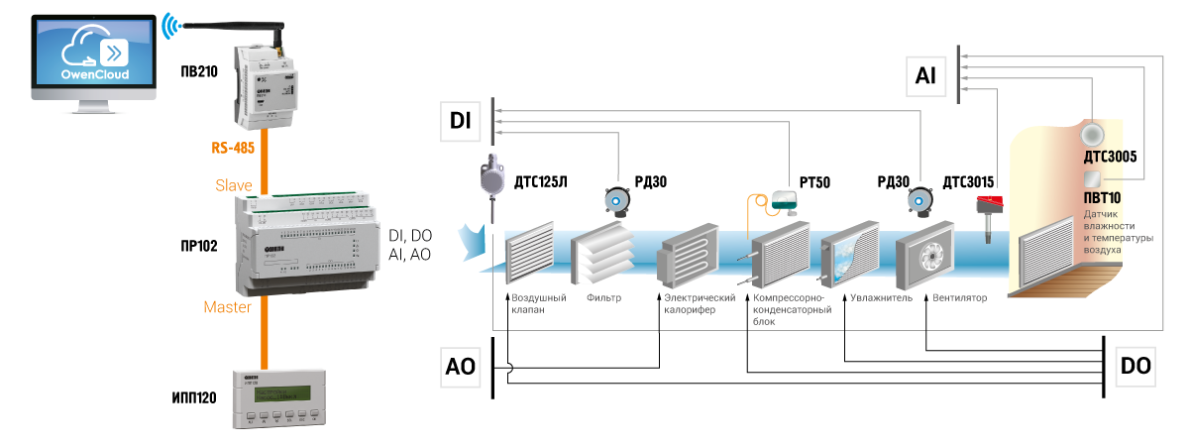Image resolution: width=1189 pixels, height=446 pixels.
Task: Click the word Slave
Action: coord(235,184)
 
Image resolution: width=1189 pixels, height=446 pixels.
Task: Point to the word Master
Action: coord(227,308)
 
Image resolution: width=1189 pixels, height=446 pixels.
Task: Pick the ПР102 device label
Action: coord(199,243)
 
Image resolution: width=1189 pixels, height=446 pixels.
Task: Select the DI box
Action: coord(460,121)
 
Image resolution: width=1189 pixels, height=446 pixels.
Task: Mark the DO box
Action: coord(1135,367)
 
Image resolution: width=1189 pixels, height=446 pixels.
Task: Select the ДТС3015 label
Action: coord(968,181)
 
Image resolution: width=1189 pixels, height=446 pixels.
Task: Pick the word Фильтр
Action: coord(603,297)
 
